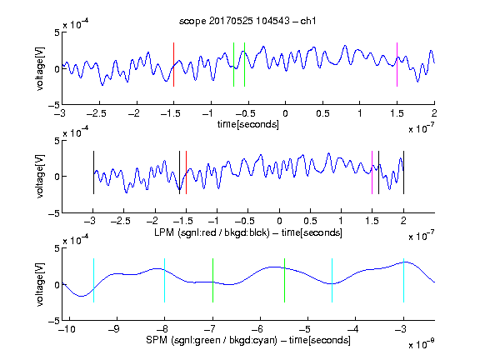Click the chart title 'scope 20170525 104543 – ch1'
click(x=247, y=21)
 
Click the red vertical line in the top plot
click(x=173, y=65)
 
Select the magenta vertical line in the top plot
click(x=397, y=65)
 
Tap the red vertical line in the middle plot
click(x=186, y=172)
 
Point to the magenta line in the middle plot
click(x=372, y=172)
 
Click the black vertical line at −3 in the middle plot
click(x=93, y=172)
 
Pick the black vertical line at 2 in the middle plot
click(x=403, y=172)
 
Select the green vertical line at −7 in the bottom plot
click(x=212, y=280)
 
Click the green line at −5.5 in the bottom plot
click(x=284, y=280)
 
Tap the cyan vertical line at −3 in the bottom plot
click(x=403, y=280)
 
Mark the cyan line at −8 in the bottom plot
click(x=164, y=280)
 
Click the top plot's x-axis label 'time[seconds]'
click(x=248, y=124)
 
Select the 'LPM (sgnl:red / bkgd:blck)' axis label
click(x=212, y=232)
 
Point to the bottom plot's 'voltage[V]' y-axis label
click(x=40, y=284)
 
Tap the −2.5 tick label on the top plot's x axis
click(x=97, y=113)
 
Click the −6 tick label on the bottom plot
click(x=259, y=329)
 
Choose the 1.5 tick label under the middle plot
click(x=372, y=221)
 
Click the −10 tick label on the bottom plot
click(x=67, y=329)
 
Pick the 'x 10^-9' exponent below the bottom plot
click(x=421, y=344)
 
